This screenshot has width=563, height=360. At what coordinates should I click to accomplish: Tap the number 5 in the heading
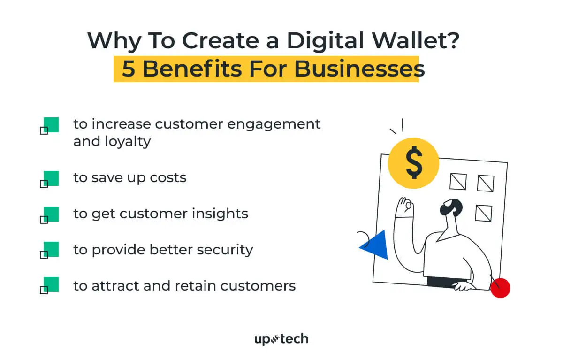click(128, 69)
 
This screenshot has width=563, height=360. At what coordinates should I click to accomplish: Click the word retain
click(196, 285)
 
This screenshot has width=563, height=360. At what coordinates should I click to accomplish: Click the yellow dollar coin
click(413, 163)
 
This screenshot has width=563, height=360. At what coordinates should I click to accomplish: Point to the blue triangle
click(376, 245)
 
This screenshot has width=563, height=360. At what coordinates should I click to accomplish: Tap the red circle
click(500, 288)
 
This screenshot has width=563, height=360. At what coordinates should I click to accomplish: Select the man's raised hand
click(403, 207)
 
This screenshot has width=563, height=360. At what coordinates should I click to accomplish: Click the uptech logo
click(281, 339)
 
